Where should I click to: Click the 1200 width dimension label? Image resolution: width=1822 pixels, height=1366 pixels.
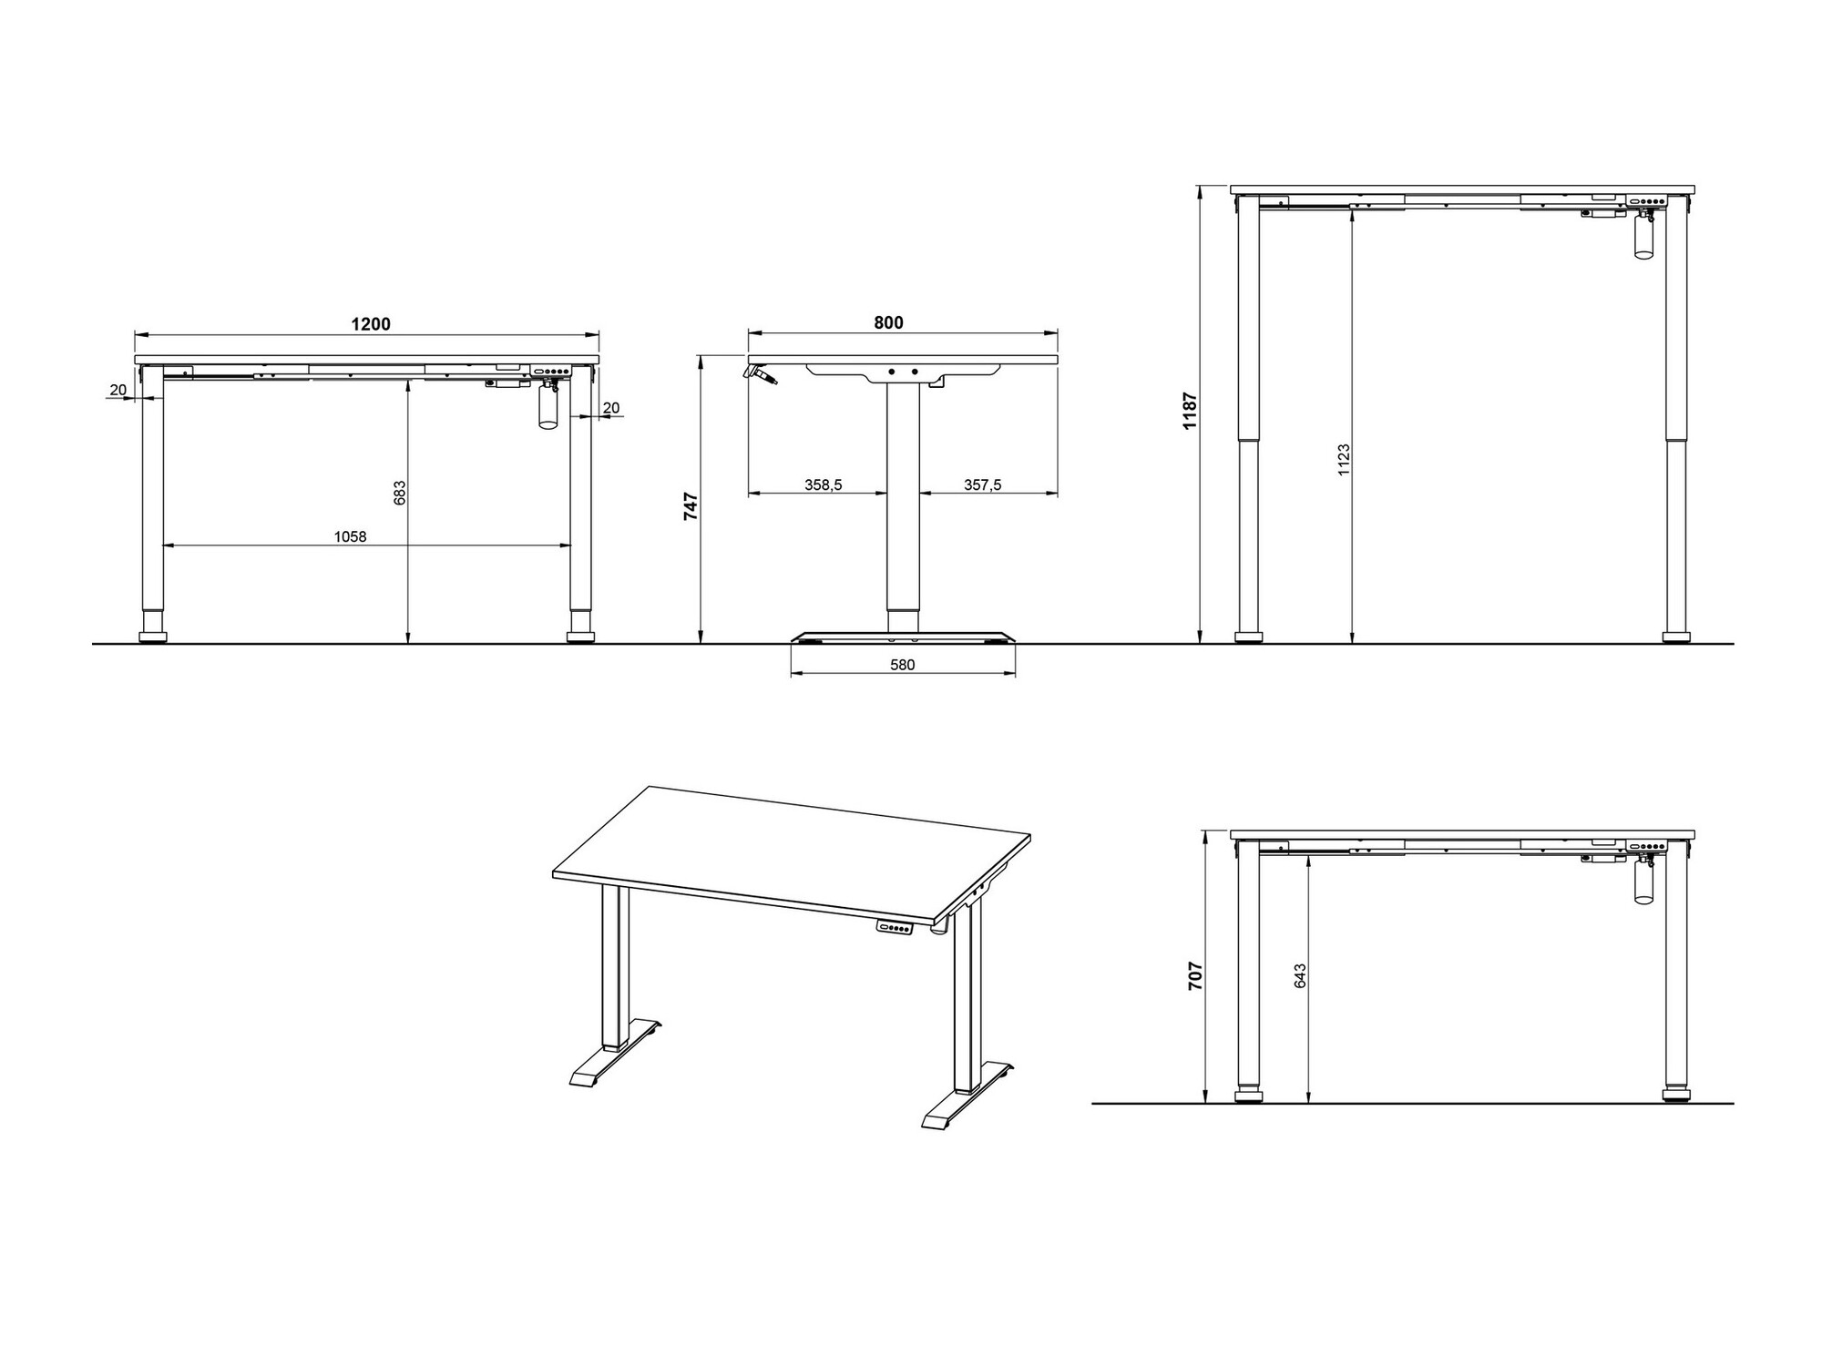click(x=371, y=324)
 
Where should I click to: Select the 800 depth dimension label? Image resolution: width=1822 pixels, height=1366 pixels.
click(x=888, y=322)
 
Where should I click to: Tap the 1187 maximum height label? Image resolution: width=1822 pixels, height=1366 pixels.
click(x=1189, y=411)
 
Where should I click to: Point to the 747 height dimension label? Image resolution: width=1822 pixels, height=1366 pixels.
click(x=691, y=506)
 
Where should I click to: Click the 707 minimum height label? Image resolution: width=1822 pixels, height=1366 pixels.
click(x=1196, y=975)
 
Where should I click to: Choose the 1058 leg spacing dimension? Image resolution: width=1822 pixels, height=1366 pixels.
click(x=350, y=536)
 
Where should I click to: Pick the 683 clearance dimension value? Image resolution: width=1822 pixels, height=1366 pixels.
click(x=399, y=493)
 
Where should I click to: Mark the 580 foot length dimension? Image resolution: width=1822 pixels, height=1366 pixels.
click(x=902, y=665)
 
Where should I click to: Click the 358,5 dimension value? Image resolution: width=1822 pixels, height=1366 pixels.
click(x=823, y=485)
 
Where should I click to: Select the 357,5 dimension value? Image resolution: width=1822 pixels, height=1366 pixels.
click(x=983, y=485)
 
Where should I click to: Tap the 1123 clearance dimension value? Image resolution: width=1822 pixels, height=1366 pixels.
click(x=1344, y=461)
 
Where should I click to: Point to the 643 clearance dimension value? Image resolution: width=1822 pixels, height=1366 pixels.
click(x=1300, y=975)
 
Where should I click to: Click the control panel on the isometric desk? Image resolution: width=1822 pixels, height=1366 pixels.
click(x=895, y=928)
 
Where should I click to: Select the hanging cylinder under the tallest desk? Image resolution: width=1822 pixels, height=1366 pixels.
click(x=1643, y=240)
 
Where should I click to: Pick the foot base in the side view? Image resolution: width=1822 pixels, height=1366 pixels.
click(x=903, y=637)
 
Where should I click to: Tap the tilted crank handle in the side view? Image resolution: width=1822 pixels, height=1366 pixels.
click(x=760, y=374)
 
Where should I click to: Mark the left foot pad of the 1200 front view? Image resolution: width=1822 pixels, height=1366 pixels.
click(x=153, y=636)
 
